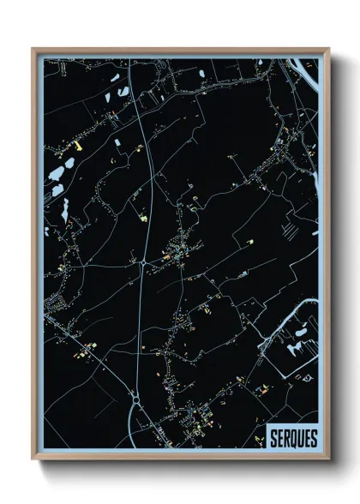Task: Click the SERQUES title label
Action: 293,438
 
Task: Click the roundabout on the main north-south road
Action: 135,398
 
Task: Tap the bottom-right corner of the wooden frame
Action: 328,460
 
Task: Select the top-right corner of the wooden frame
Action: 328,50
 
